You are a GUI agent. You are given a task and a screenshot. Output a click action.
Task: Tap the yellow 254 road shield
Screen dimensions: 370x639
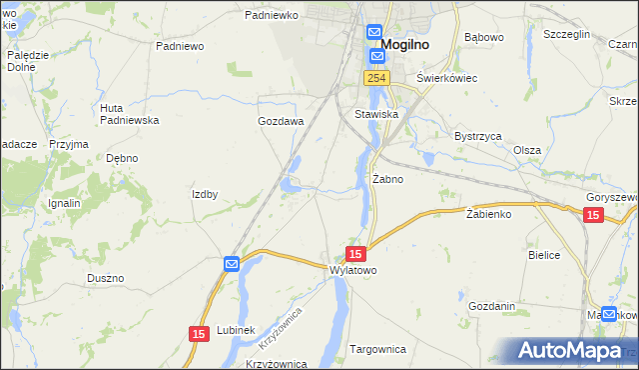pyautogui.click(x=375, y=78)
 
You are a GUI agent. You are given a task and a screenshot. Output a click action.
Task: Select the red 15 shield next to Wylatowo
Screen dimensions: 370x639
pyautogui.click(x=356, y=254)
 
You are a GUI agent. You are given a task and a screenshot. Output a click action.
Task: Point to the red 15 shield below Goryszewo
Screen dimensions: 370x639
pyautogui.click(x=593, y=215)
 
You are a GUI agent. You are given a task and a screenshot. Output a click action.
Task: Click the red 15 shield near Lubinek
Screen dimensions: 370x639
pyautogui.click(x=199, y=333)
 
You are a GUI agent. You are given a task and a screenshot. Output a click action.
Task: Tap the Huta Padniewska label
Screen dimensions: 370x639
pyautogui.click(x=130, y=114)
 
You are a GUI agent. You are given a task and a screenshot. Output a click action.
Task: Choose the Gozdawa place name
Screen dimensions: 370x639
pyautogui.click(x=281, y=121)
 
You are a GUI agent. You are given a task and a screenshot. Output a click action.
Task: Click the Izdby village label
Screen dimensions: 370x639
pyautogui.click(x=205, y=194)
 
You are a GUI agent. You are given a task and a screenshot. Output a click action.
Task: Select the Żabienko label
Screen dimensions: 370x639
pyautogui.click(x=488, y=214)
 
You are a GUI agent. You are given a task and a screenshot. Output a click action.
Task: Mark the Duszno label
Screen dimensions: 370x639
pyautogui.click(x=105, y=278)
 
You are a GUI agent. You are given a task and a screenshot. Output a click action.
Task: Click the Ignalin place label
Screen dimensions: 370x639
pyautogui.click(x=64, y=203)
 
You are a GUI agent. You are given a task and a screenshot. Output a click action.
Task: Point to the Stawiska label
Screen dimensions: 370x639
pyautogui.click(x=376, y=115)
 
